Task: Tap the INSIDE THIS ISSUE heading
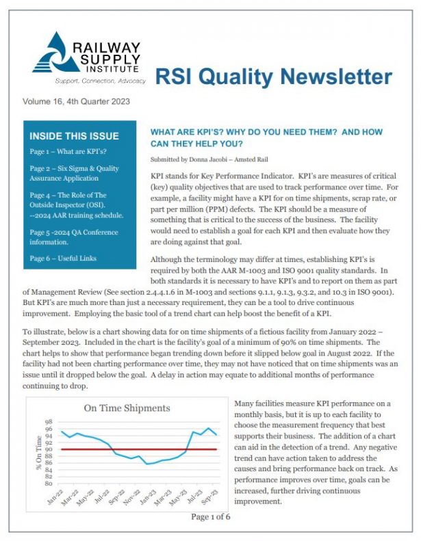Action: point(74,136)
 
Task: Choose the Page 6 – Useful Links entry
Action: point(64,258)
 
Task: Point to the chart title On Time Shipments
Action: point(127,408)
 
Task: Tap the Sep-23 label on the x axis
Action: point(211,497)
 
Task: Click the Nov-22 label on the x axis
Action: point(133,497)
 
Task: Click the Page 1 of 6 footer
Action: point(210,516)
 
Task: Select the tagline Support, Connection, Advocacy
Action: point(101,81)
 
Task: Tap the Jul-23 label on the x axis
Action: point(195,497)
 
